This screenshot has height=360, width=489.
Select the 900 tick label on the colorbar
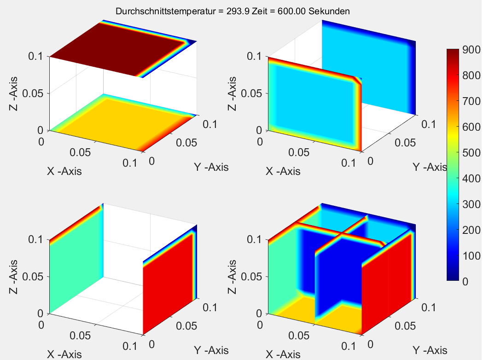coord(472,51)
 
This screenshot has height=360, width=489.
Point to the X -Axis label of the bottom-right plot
coord(283,354)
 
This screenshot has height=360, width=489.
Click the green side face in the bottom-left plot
coord(76,267)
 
